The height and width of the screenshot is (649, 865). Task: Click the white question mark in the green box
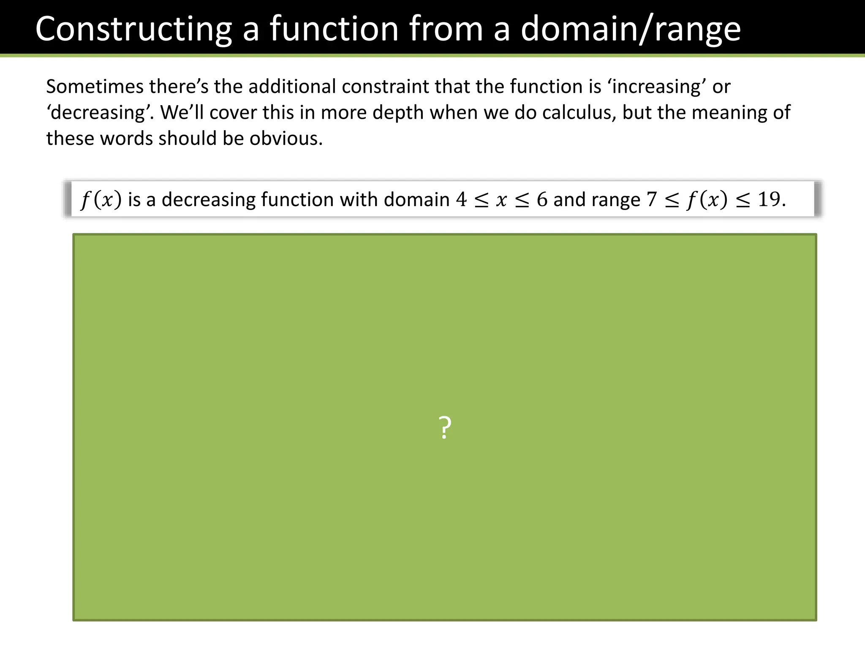445,428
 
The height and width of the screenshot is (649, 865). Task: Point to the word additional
292,87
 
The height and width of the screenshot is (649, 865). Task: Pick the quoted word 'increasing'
657,87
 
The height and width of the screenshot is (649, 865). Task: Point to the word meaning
729,112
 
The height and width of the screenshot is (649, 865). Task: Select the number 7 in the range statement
652,199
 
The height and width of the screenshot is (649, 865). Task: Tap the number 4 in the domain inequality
461,199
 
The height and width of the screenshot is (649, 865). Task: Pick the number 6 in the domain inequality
542,199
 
